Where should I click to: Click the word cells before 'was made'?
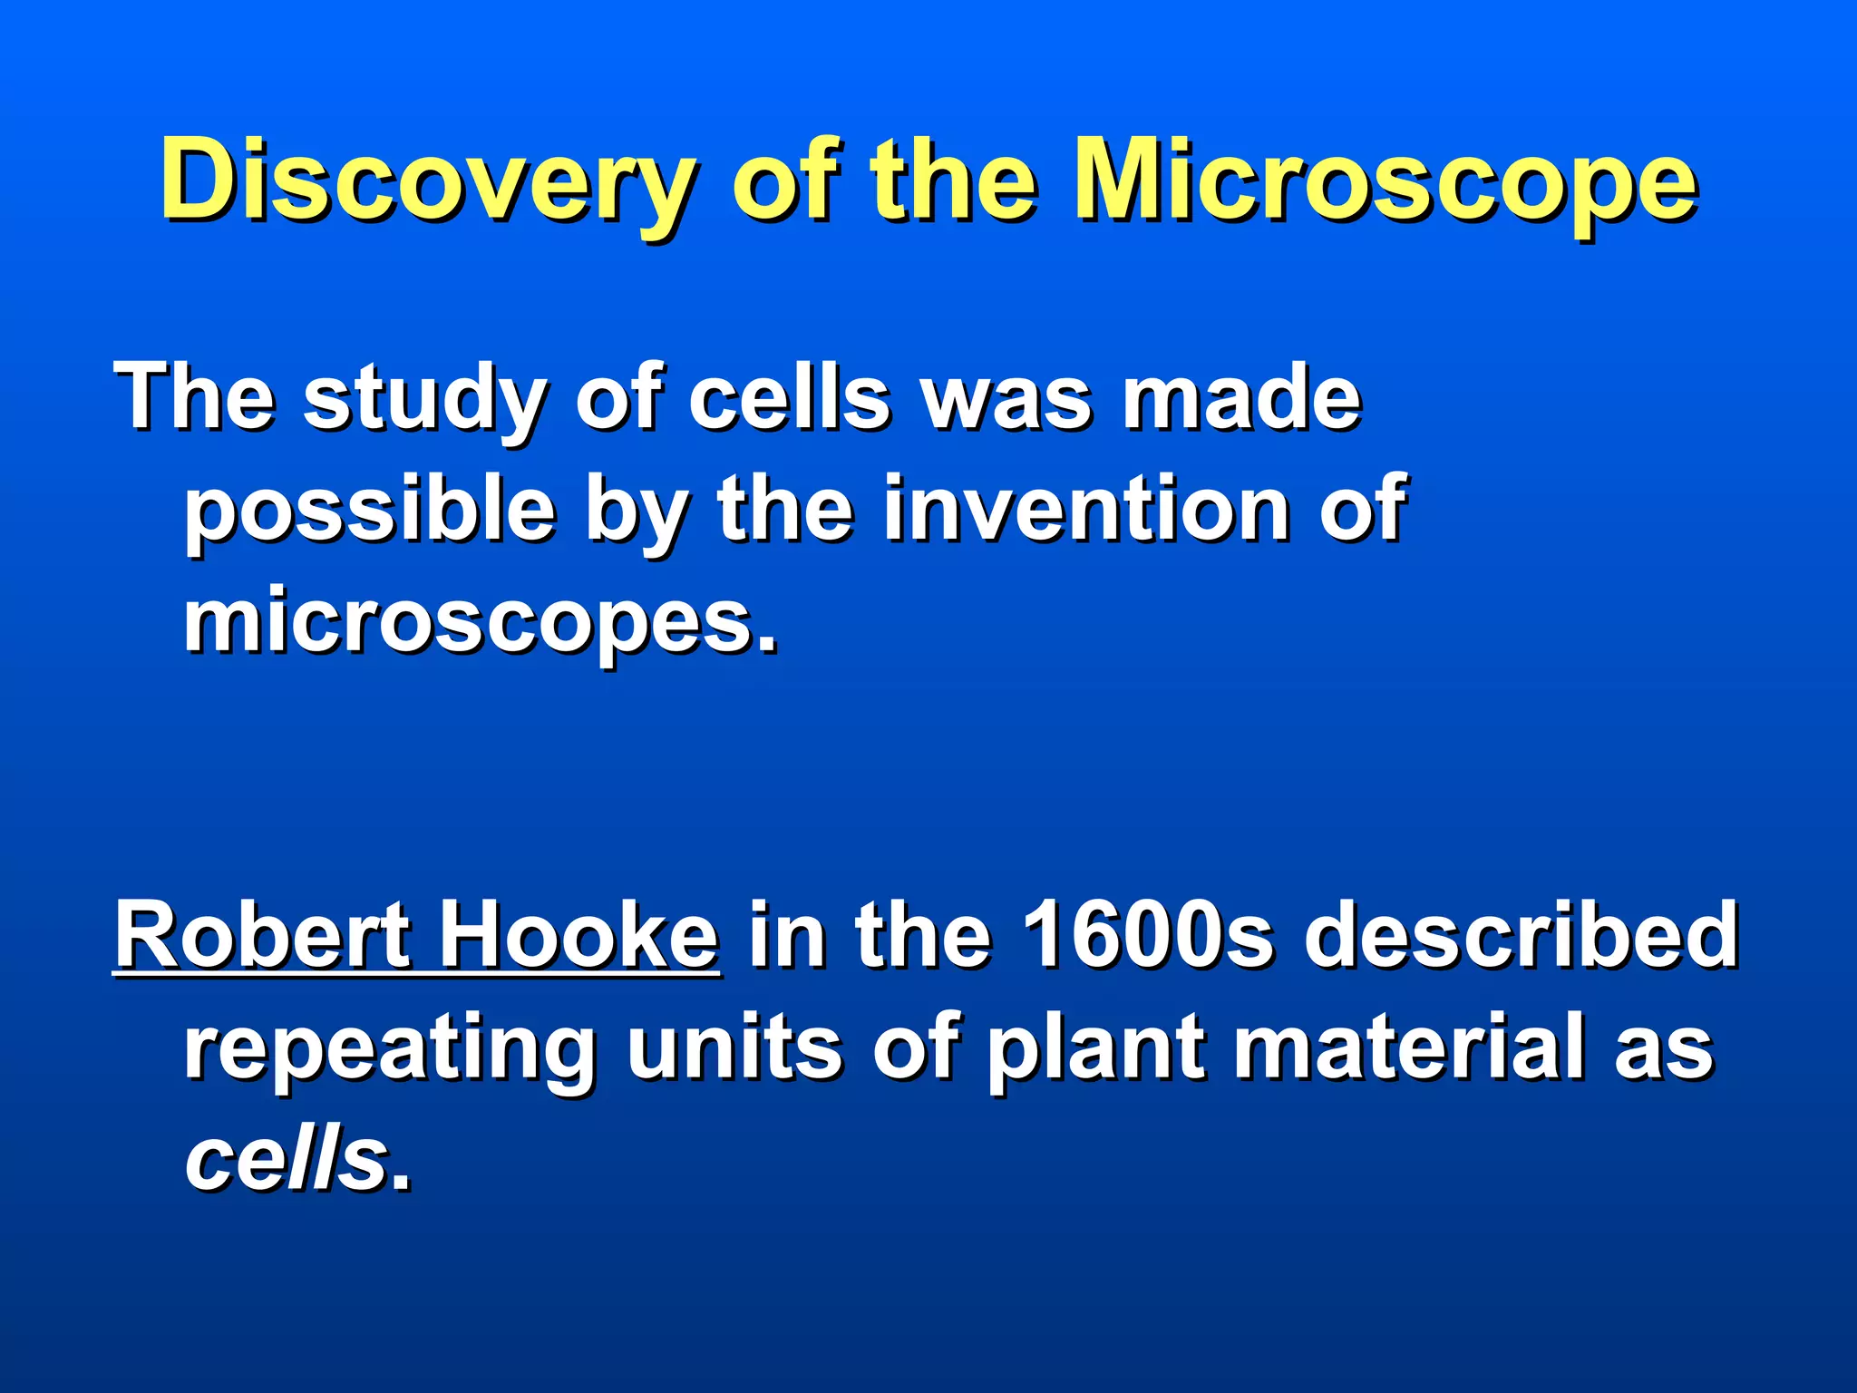point(789,399)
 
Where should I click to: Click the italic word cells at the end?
point(287,1161)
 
